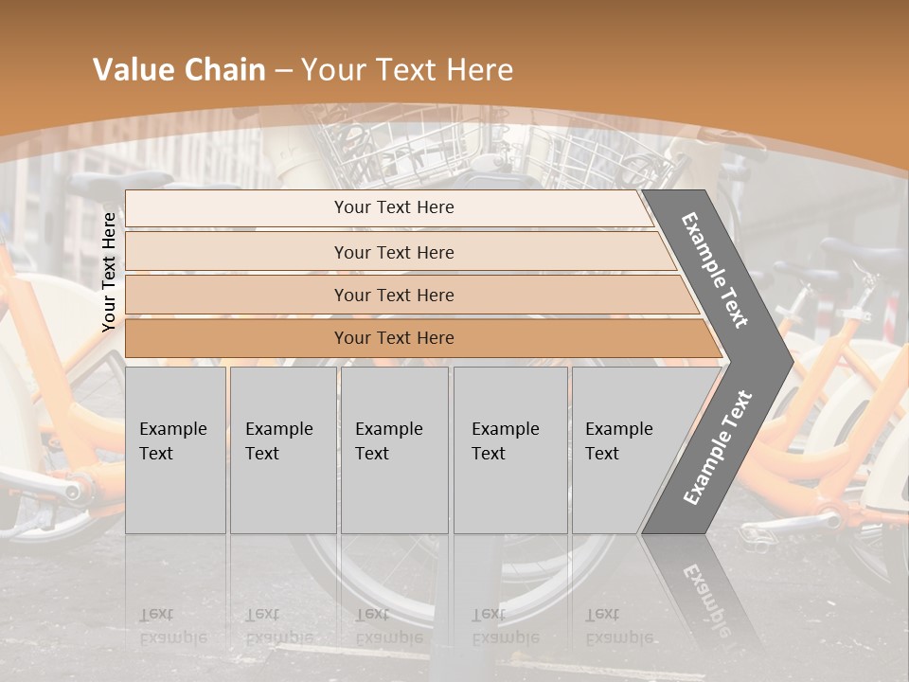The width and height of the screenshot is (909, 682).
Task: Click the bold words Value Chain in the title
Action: pyautogui.click(x=179, y=70)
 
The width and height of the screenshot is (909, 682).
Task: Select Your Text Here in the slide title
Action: pyautogui.click(x=407, y=70)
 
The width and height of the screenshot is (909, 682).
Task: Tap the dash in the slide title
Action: pyautogui.click(x=283, y=71)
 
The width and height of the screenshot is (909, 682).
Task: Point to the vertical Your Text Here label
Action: pyautogui.click(x=109, y=272)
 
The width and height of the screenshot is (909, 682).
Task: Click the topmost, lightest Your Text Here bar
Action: pyautogui.click(x=393, y=207)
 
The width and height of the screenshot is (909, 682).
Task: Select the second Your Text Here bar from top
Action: pyautogui.click(x=393, y=252)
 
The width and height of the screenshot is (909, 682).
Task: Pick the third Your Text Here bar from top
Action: pyautogui.click(x=393, y=295)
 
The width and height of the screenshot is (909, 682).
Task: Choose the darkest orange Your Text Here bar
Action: pyautogui.click(x=393, y=338)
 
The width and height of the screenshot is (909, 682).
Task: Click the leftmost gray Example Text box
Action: pyautogui.click(x=174, y=449)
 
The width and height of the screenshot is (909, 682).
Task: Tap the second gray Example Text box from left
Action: pyautogui.click(x=282, y=449)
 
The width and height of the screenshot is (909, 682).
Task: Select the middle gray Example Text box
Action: pyautogui.click(x=394, y=449)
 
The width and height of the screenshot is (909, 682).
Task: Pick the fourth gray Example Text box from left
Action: pyautogui.click(x=509, y=449)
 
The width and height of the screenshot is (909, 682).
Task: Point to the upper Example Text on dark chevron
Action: pyautogui.click(x=715, y=270)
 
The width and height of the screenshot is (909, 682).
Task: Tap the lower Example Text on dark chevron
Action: pyautogui.click(x=717, y=448)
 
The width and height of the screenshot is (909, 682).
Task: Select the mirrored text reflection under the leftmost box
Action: pyautogui.click(x=173, y=626)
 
